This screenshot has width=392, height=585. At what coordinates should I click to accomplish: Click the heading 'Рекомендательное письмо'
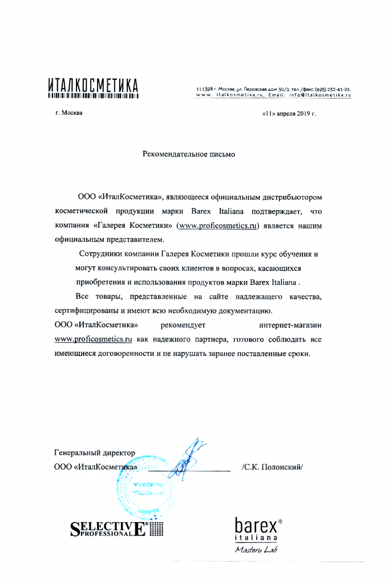pyautogui.click(x=188, y=154)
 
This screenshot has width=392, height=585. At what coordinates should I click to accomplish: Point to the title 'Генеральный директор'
pyautogui.click(x=95, y=453)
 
